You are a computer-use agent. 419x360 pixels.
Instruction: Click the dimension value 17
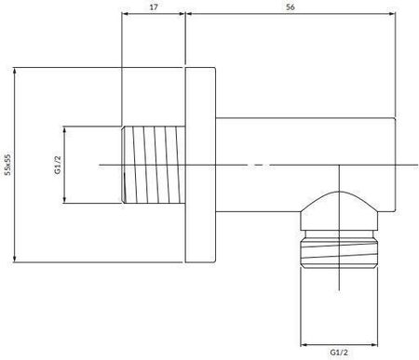tap(154, 7)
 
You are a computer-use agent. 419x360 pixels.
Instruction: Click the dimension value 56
tap(290, 7)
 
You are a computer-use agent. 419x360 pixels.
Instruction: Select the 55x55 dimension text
tap(7, 165)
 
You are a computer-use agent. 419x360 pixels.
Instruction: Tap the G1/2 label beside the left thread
tap(58, 165)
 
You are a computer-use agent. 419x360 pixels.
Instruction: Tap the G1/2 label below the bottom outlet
tap(339, 353)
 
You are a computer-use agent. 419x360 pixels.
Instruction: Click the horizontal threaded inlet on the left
tap(154, 165)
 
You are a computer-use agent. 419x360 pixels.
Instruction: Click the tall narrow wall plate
tap(200, 165)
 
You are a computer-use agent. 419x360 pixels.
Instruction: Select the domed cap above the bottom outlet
tap(339, 211)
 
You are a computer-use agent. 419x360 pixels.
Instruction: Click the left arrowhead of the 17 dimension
tap(124, 13)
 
